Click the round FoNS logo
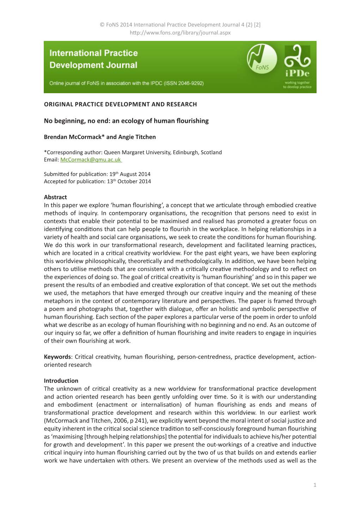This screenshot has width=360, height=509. [x=262, y=59]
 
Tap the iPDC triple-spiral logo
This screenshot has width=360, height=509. [x=297, y=56]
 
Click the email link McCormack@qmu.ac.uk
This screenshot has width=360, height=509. [x=91, y=160]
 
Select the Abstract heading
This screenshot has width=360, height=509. [x=55, y=197]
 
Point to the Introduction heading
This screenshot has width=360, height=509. [x=61, y=381]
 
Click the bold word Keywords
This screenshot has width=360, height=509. [x=57, y=357]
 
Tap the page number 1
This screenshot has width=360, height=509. [x=315, y=485]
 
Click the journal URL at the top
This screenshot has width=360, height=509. [x=180, y=32]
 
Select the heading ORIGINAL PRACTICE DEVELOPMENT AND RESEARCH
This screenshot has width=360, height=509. [x=120, y=104]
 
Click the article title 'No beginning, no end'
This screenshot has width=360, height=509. [x=126, y=121]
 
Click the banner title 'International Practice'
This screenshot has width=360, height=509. [x=94, y=53]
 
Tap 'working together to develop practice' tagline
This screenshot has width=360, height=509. [x=297, y=85]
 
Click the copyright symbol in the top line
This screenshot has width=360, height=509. [x=102, y=25]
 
